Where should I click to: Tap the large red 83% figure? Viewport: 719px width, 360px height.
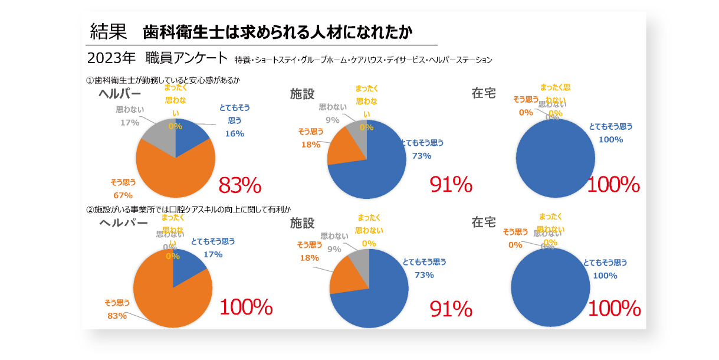click(239, 185)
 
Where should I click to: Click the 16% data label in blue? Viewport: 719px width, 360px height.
click(234, 133)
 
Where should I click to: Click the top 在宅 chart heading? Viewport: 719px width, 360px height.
click(484, 93)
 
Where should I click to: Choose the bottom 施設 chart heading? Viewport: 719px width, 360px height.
click(302, 223)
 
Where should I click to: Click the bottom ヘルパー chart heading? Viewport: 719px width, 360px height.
click(123, 223)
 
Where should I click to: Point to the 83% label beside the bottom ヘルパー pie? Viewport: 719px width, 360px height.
click(117, 316)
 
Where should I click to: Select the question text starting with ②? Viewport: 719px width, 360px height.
click(189, 209)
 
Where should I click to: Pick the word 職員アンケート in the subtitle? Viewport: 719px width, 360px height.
click(189, 58)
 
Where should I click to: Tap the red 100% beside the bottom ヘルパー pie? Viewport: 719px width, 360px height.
click(246, 307)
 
